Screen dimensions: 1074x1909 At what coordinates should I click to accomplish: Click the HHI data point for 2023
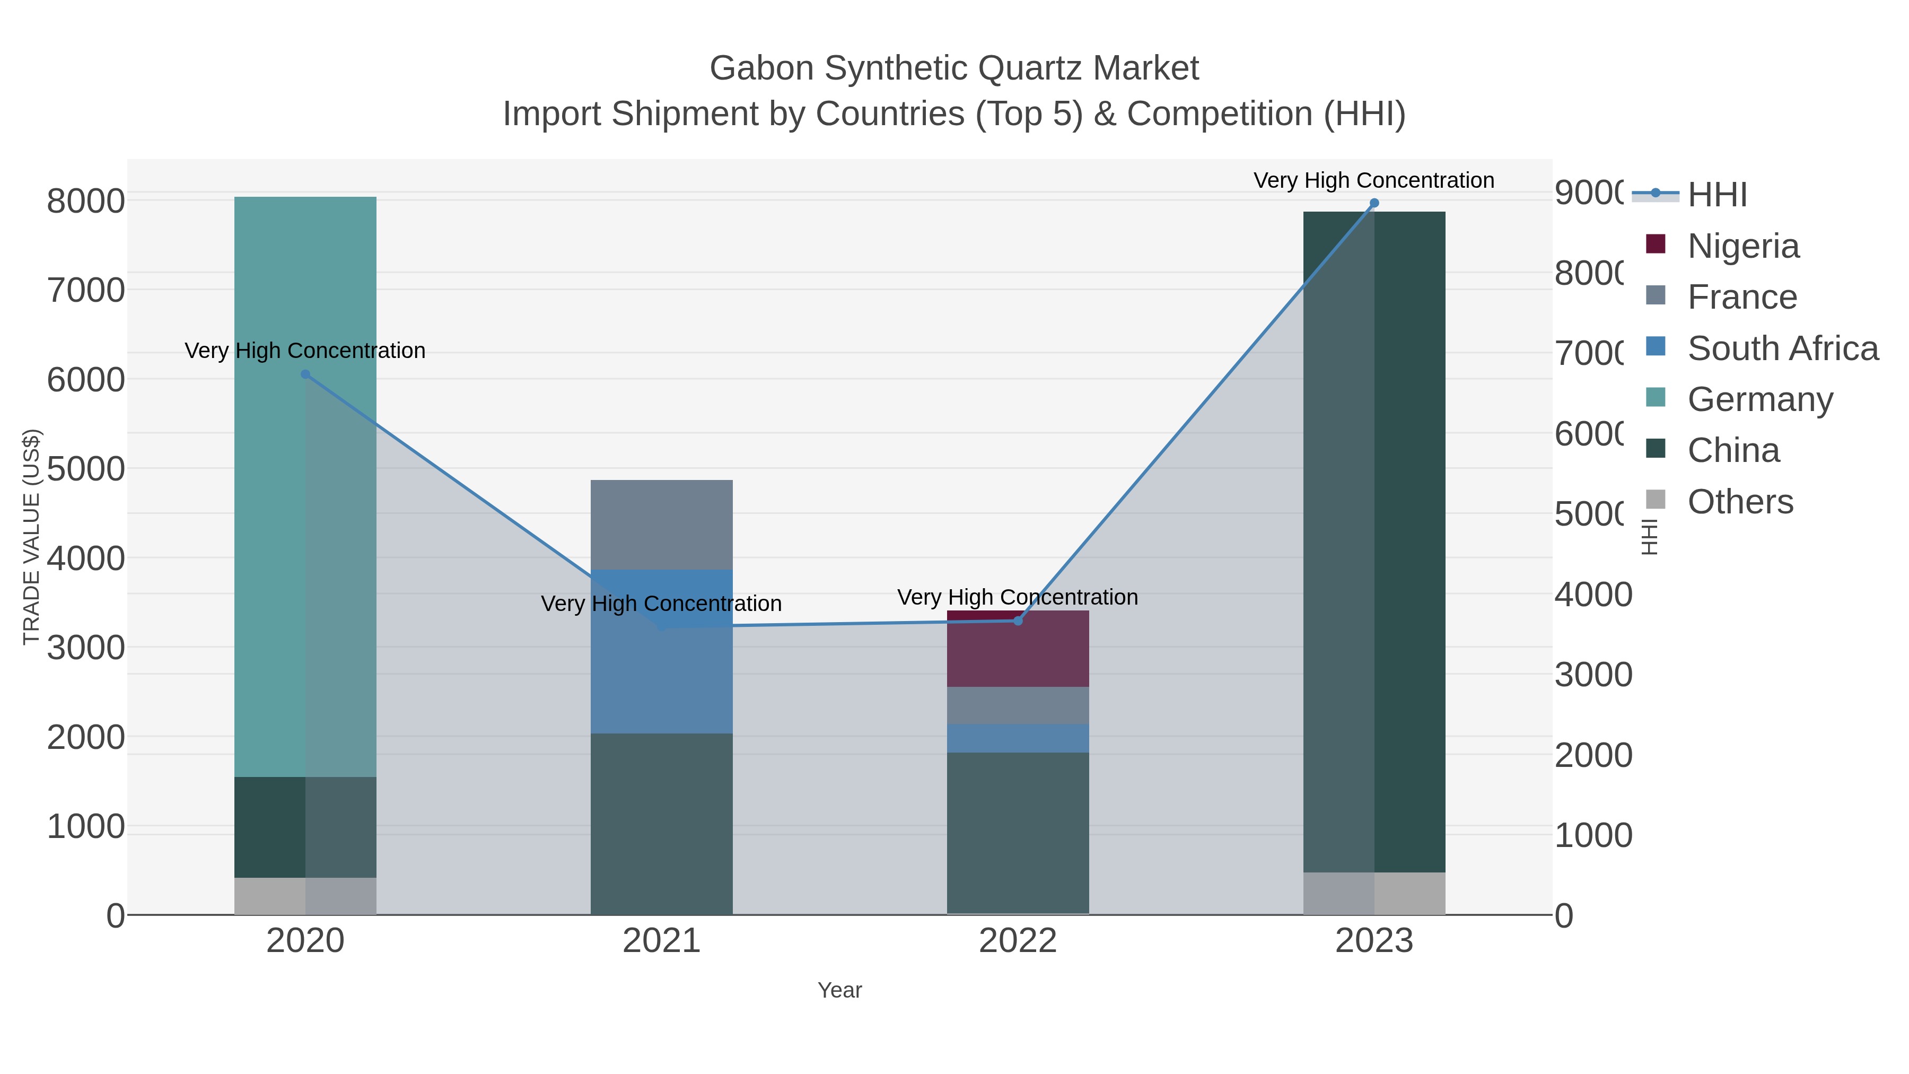(1374, 203)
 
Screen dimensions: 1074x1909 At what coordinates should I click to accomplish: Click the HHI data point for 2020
(305, 374)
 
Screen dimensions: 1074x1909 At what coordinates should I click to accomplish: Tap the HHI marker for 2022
(1018, 621)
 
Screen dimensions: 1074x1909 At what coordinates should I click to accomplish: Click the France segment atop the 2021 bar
(661, 525)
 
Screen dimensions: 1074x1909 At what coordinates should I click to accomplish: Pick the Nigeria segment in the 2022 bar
(1018, 649)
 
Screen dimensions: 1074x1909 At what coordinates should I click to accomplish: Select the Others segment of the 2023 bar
(1374, 893)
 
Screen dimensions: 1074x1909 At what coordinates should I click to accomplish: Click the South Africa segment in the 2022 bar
(1018, 738)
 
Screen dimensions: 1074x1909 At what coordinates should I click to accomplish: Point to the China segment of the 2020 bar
(305, 827)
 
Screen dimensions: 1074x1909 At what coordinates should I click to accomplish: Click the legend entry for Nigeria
(1742, 246)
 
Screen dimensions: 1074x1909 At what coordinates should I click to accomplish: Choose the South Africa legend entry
(1782, 348)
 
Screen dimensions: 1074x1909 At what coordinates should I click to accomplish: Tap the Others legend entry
(1739, 502)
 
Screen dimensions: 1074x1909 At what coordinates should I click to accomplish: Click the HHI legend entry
(1717, 195)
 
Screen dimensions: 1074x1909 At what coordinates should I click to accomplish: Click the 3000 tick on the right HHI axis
(1592, 675)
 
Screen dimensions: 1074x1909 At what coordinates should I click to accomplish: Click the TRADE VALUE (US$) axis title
(31, 537)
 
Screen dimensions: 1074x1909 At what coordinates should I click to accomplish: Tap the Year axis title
(839, 990)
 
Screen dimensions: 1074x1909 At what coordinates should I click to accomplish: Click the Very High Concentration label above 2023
(1373, 180)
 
